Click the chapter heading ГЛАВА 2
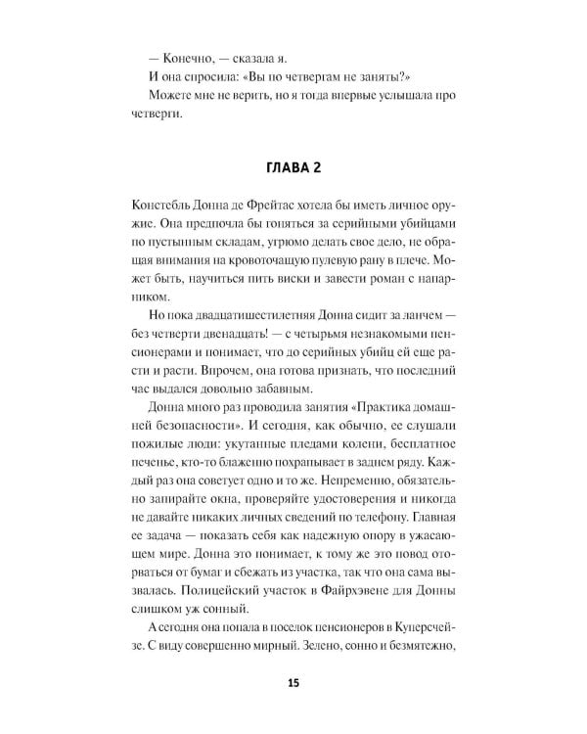(293, 167)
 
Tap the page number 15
(293, 683)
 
